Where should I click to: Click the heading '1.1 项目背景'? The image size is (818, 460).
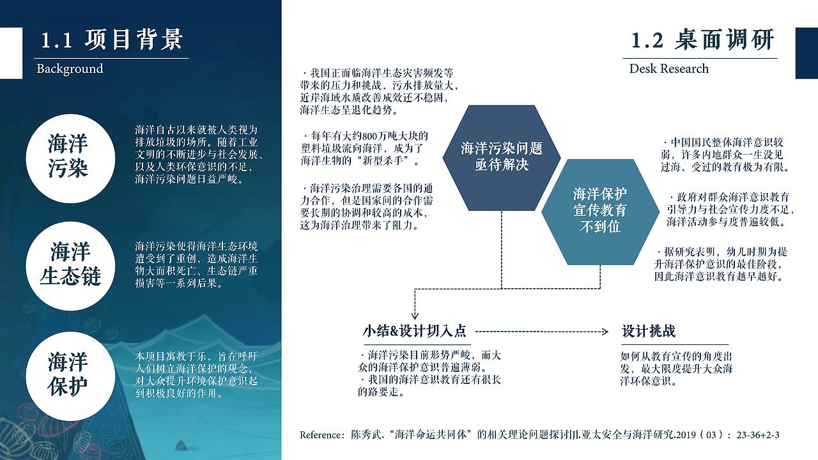(112, 40)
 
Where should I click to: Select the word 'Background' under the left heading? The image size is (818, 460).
(70, 68)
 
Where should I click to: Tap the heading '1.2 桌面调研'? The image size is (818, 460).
(702, 40)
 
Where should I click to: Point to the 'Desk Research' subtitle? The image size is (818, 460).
(668, 68)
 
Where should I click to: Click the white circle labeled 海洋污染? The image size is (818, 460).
(68, 156)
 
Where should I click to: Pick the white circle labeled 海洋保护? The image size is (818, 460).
(68, 374)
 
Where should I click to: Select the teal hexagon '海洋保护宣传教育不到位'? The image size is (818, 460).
(600, 210)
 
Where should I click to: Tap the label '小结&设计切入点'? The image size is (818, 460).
(415, 332)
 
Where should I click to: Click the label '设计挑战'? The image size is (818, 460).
(648, 332)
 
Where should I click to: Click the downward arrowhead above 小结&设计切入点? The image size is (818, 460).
(415, 317)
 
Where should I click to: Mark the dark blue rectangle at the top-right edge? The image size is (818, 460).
(806, 53)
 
